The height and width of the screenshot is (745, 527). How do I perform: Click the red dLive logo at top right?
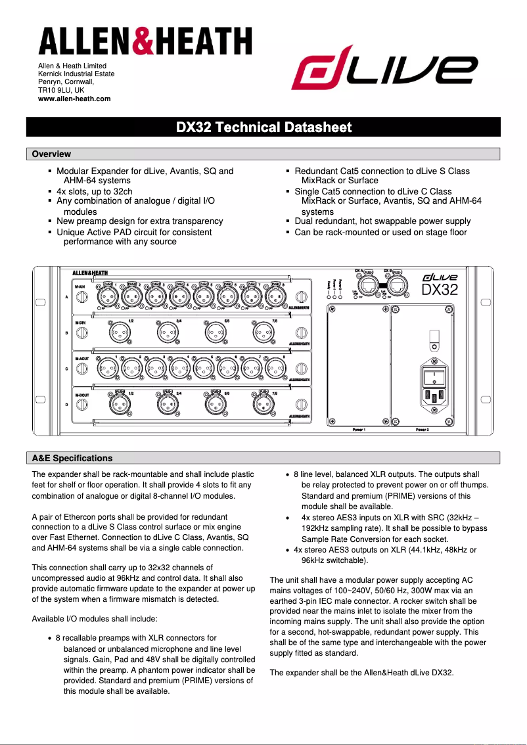tap(384, 71)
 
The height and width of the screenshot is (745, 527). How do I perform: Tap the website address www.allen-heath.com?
tap(74, 99)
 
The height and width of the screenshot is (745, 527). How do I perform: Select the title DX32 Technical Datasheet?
tap(263, 127)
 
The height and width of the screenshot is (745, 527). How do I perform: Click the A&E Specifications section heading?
tap(72, 458)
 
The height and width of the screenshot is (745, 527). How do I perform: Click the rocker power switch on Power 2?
tap(434, 377)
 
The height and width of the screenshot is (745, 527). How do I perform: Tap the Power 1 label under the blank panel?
tap(359, 429)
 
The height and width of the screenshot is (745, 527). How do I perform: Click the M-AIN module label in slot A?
tap(81, 288)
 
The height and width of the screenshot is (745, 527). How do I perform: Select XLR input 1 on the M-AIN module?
tap(108, 297)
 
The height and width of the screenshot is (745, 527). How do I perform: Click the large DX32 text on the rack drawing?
tap(439, 290)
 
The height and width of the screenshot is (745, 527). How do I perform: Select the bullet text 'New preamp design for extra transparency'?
tap(139, 221)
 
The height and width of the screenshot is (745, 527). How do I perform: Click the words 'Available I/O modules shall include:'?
tap(95, 619)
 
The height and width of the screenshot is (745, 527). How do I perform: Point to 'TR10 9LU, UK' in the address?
tap(61, 90)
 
